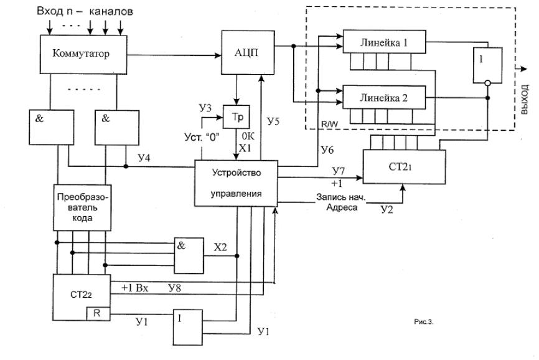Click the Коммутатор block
point(83,54)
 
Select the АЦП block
point(248,52)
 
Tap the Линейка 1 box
point(384,42)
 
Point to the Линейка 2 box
point(384,97)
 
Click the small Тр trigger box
point(237,117)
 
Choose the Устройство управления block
point(236,183)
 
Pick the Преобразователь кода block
point(83,207)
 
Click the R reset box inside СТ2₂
point(97,313)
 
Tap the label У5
point(273,121)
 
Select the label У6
point(327,149)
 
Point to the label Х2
point(220,247)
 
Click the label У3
point(205,108)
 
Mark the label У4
point(144,158)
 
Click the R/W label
point(329,124)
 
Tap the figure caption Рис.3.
point(424,322)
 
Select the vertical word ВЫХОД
point(525,100)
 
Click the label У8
point(175,288)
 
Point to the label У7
point(338,171)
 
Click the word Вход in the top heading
point(50,11)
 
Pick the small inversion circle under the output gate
point(487,83)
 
